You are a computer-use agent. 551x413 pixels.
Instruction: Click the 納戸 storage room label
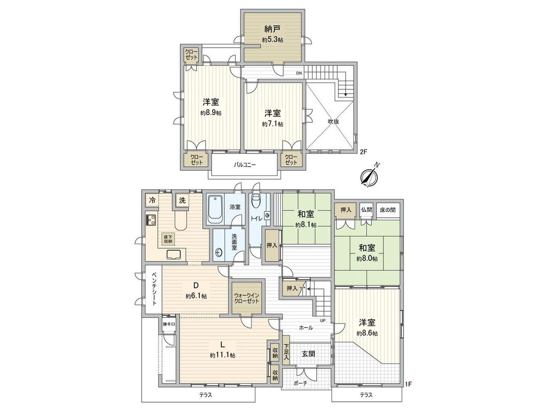point(273,29)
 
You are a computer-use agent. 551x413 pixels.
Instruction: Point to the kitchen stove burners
point(152,221)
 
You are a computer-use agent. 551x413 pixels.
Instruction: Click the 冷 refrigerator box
point(152,200)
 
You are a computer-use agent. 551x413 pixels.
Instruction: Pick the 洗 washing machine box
point(182,201)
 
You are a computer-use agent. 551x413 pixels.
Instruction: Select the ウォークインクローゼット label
point(247,298)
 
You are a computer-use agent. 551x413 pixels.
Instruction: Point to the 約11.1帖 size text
point(222,355)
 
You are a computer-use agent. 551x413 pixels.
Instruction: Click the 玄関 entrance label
point(308,353)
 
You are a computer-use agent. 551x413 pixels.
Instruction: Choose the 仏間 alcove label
point(366,210)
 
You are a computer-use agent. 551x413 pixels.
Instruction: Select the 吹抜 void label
point(334,122)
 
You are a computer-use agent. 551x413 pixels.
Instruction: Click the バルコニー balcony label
point(245,165)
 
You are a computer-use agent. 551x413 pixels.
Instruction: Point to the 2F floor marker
point(363,152)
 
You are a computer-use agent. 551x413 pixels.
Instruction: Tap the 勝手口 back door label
point(169,324)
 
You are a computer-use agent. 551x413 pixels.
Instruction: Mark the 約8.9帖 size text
point(210,113)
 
